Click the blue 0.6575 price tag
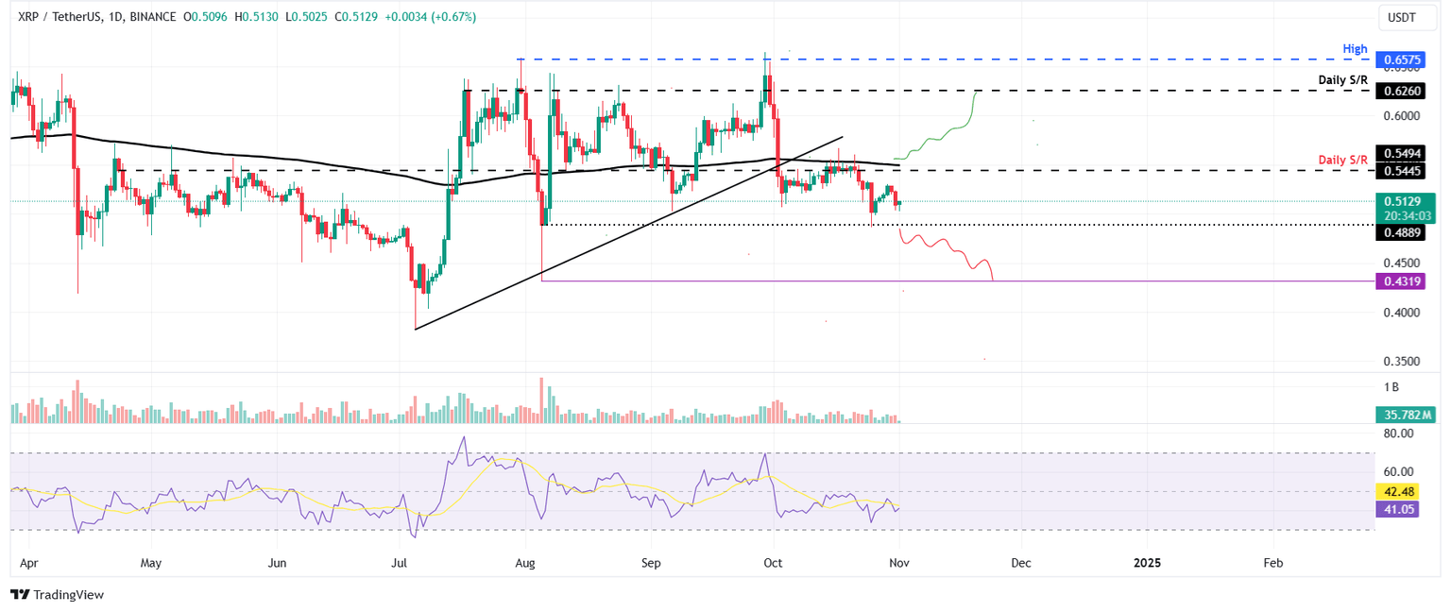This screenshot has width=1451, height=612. point(1403,59)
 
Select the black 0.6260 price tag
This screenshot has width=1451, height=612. point(1403,91)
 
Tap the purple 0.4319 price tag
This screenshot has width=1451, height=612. point(1403,280)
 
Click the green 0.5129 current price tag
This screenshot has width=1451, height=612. point(1403,200)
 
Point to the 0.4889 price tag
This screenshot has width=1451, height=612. point(1403,232)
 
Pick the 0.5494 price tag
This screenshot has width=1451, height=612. point(1403,152)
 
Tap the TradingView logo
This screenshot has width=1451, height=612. point(58,594)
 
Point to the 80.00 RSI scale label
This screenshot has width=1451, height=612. point(1398,433)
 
